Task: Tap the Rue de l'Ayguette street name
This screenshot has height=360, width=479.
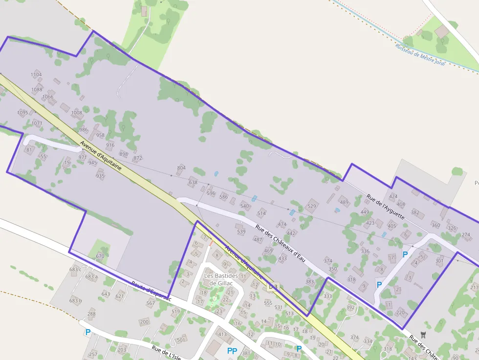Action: coord(385,206)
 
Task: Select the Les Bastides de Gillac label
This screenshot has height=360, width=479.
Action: coord(220,279)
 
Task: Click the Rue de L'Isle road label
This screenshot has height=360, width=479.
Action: coord(166,353)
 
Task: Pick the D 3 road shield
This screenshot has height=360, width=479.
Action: coord(273,286)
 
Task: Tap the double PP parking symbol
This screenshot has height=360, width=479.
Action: coord(232,351)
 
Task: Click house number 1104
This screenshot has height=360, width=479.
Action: coord(36,75)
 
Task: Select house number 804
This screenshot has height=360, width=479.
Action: coord(181,168)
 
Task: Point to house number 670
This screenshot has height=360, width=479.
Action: coord(100,256)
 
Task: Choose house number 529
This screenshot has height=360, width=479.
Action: coord(311,207)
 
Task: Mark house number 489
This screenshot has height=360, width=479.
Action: coord(344,202)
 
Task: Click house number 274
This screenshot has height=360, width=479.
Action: coord(466,235)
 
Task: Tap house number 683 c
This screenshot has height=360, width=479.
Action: coord(75,269)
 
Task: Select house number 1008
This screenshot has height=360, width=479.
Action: coord(77,112)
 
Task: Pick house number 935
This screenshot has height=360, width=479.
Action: coord(100,176)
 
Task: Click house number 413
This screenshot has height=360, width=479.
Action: coord(222,334)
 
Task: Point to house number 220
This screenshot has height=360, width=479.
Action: coord(400,312)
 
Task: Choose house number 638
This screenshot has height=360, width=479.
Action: coord(193,182)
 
